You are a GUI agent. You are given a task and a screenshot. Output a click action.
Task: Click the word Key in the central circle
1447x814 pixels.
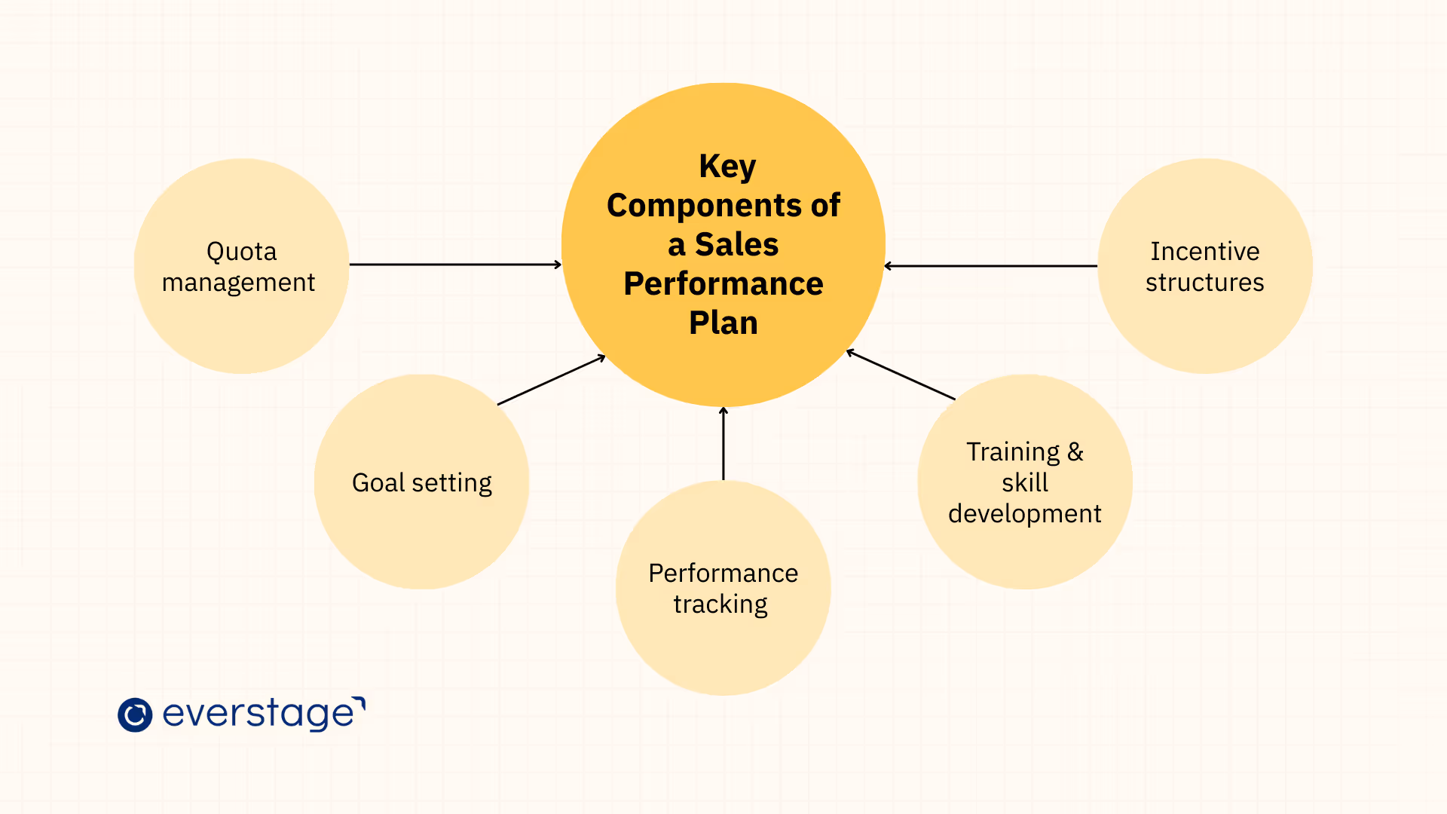tap(727, 167)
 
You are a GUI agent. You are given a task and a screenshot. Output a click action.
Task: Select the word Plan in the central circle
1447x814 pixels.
tap(723, 323)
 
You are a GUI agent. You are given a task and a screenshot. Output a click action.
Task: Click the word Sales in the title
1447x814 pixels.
tap(736, 245)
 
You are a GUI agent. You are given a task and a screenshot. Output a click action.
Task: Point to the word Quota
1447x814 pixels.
tap(241, 252)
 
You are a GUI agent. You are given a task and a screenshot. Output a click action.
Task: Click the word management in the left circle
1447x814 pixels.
tap(238, 283)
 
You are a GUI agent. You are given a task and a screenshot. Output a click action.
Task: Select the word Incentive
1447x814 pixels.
tap(1204, 252)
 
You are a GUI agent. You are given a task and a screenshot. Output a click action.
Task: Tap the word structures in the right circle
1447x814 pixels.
tap(1204, 283)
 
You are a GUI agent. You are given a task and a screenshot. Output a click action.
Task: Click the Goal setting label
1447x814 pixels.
tap(421, 483)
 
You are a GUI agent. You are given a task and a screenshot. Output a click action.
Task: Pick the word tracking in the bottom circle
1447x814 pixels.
tap(720, 604)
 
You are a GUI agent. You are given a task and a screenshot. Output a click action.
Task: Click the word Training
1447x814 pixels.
tap(1013, 452)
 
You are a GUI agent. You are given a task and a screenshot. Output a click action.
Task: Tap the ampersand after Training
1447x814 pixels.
tap(1075, 452)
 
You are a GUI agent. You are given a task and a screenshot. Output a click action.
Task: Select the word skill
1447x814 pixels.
tap(1025, 483)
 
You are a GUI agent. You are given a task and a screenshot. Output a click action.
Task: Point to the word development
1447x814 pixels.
tap(1025, 514)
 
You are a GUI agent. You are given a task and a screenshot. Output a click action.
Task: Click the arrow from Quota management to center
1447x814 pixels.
tap(455, 265)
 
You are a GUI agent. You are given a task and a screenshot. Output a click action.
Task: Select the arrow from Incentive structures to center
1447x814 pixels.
tap(991, 266)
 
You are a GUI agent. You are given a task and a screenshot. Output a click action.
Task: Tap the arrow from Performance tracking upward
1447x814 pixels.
tap(723, 443)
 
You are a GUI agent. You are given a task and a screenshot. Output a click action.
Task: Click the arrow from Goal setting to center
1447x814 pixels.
tap(551, 380)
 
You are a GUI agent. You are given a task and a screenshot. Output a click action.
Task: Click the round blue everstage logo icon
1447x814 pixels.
tap(135, 715)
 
